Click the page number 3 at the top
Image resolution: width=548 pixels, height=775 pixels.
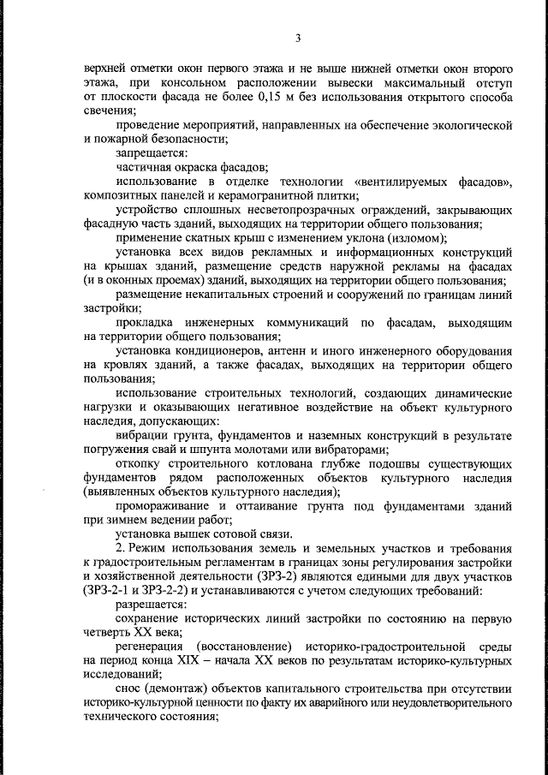298,38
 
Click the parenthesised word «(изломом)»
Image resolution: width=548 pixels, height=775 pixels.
416,240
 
